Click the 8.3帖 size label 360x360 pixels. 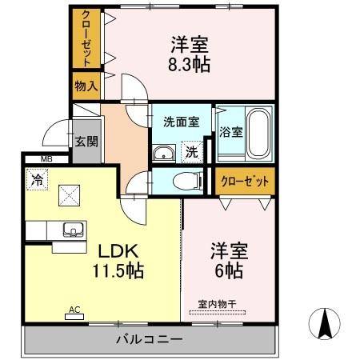point(190,65)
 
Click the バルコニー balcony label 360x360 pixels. point(150,339)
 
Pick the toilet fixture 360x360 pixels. point(182,180)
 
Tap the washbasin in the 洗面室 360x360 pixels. point(165,153)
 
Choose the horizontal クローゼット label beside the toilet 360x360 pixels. point(244,181)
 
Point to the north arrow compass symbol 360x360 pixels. point(325,323)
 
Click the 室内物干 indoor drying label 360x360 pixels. point(216,303)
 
